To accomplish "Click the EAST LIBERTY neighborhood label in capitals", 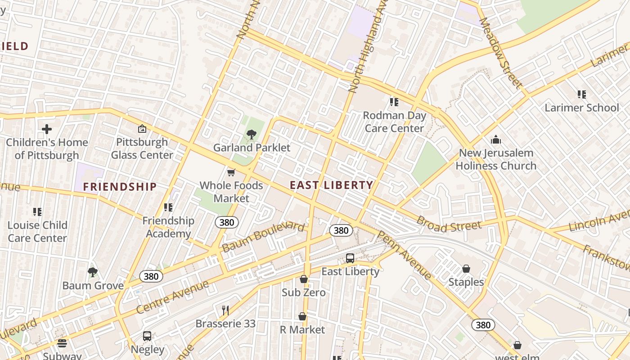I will (x=331, y=185).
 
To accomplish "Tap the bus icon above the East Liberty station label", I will (x=350, y=258).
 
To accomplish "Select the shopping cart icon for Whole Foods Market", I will (x=231, y=172).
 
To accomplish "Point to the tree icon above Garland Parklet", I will (x=252, y=134).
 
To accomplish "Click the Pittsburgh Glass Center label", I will (x=142, y=148).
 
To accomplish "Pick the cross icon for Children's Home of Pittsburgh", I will (x=46, y=130).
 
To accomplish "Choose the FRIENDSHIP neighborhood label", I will (x=120, y=187).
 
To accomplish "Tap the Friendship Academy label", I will (x=168, y=227).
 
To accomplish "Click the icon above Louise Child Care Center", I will (x=37, y=211).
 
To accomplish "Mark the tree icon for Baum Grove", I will (x=93, y=272).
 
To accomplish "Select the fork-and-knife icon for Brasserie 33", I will (x=225, y=310).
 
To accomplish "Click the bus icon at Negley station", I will (x=147, y=336).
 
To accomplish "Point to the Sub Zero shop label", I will (x=304, y=292).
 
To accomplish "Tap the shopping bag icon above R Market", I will (x=302, y=317).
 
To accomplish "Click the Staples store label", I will (x=466, y=282).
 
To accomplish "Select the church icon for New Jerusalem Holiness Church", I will (x=496, y=139).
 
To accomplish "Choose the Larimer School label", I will (x=582, y=108).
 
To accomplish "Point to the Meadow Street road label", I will (x=501, y=52).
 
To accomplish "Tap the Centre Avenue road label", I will (x=172, y=297).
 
